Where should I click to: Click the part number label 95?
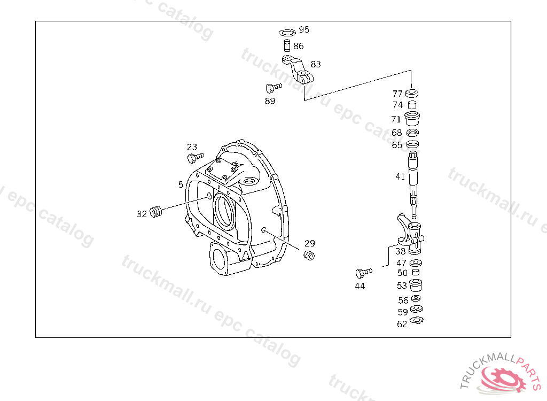click(304, 30)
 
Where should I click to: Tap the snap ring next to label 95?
click(287, 33)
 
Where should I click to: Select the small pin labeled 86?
click(287, 46)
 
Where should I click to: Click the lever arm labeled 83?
click(298, 70)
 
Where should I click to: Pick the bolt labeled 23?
click(196, 157)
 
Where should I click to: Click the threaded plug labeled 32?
click(156, 212)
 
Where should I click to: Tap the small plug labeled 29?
click(309, 256)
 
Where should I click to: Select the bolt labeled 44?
click(363, 272)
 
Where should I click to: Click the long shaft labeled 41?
click(413, 184)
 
